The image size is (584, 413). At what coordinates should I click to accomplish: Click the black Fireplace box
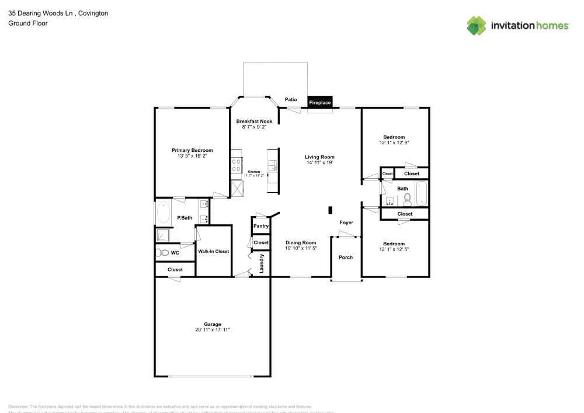[319, 102]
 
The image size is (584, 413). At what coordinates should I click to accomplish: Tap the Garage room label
[213, 324]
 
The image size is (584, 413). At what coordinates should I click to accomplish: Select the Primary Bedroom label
[192, 150]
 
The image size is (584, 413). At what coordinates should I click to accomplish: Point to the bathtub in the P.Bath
[163, 213]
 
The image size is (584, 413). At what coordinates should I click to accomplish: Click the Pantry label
[261, 226]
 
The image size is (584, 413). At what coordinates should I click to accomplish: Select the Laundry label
[262, 263]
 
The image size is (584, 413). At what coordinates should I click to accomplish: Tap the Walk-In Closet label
[213, 251]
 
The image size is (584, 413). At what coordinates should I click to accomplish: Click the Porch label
[346, 257]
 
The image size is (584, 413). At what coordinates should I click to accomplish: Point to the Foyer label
[347, 223]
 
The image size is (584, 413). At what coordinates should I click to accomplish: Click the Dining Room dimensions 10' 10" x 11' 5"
[301, 248]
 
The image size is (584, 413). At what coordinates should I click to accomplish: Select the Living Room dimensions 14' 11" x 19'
[319, 163]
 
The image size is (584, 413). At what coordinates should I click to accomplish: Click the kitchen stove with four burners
[237, 163]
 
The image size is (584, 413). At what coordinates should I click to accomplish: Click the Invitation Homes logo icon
[477, 25]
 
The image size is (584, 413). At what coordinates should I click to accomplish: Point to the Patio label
[291, 99]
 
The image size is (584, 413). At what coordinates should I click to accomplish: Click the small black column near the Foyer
[330, 210]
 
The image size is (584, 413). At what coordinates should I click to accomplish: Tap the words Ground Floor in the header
[28, 23]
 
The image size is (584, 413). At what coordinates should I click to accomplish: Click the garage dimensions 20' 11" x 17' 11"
[213, 330]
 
